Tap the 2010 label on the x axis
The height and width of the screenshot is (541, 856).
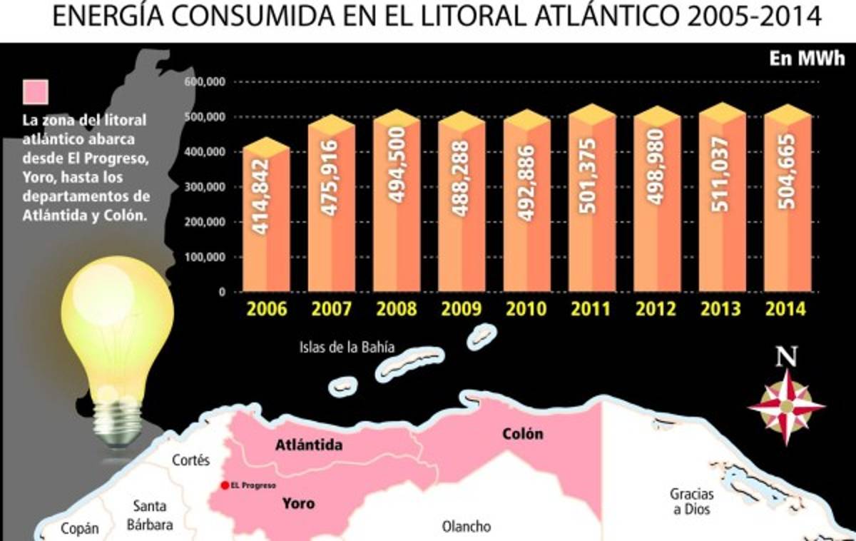(x=526, y=310)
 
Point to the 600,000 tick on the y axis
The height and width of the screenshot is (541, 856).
(x=205, y=82)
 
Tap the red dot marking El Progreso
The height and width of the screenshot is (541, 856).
(x=225, y=485)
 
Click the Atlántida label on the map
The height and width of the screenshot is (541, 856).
(x=309, y=446)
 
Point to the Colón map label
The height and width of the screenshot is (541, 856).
(x=522, y=434)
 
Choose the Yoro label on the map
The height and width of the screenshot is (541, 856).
(x=298, y=503)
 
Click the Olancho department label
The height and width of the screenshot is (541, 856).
(x=467, y=527)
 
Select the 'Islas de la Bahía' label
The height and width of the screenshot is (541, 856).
(x=347, y=348)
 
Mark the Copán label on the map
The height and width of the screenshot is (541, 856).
(x=79, y=529)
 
